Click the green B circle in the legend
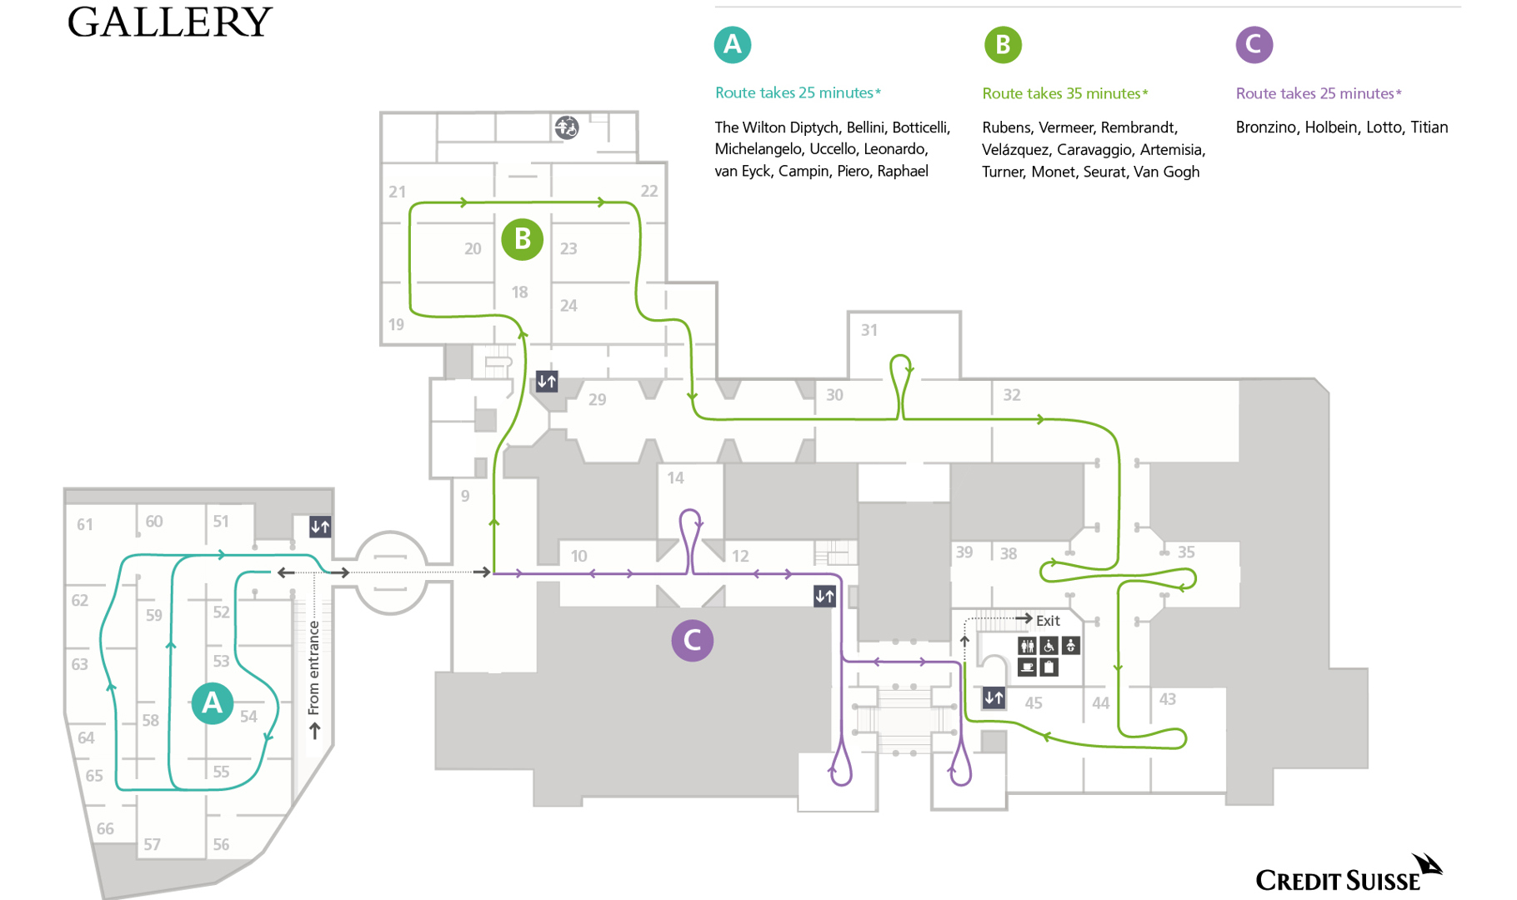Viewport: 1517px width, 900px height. tap(1003, 45)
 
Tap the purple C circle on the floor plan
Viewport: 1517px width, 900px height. tap(692, 641)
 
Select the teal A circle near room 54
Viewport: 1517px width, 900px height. tap(213, 703)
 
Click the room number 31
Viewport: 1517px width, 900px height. tap(869, 330)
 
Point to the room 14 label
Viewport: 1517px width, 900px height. tap(675, 478)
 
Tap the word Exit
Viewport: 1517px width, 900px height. tap(1048, 621)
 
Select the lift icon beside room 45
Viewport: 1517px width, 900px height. tap(994, 697)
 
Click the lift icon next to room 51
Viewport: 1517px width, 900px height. tap(320, 527)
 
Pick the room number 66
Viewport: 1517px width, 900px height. tap(105, 829)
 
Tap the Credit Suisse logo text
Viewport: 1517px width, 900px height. tap(1337, 881)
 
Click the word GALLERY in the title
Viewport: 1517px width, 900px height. tap(169, 22)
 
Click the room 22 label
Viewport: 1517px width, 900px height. tap(649, 191)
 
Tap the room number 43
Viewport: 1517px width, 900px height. tap(1167, 699)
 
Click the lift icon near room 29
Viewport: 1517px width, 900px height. tap(547, 382)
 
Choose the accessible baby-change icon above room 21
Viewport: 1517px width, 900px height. tap(567, 127)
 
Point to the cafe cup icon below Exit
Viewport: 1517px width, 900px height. tap(1027, 667)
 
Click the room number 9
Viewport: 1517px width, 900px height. tap(465, 496)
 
